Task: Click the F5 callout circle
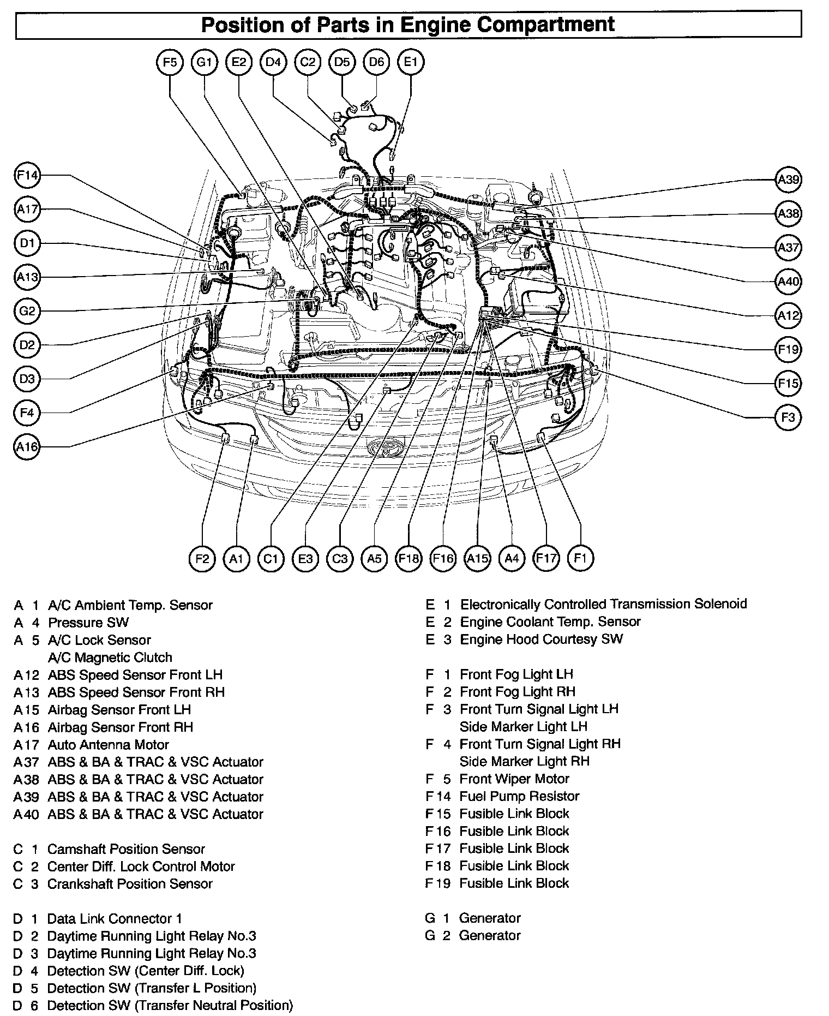(170, 62)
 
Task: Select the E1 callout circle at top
(411, 62)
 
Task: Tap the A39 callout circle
(788, 180)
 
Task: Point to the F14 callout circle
(27, 176)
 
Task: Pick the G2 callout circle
(27, 312)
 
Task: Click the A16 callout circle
(27, 447)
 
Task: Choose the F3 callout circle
(788, 418)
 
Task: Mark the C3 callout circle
(340, 558)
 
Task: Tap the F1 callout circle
(580, 558)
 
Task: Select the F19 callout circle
(788, 349)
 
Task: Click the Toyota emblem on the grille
(385, 447)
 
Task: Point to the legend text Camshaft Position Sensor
(126, 849)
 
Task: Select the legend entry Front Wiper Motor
(514, 779)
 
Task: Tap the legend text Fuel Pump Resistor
(519, 796)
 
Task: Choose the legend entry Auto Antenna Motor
(109, 745)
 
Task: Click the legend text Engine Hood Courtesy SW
(541, 639)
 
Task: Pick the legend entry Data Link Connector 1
(115, 918)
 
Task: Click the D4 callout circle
(273, 62)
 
